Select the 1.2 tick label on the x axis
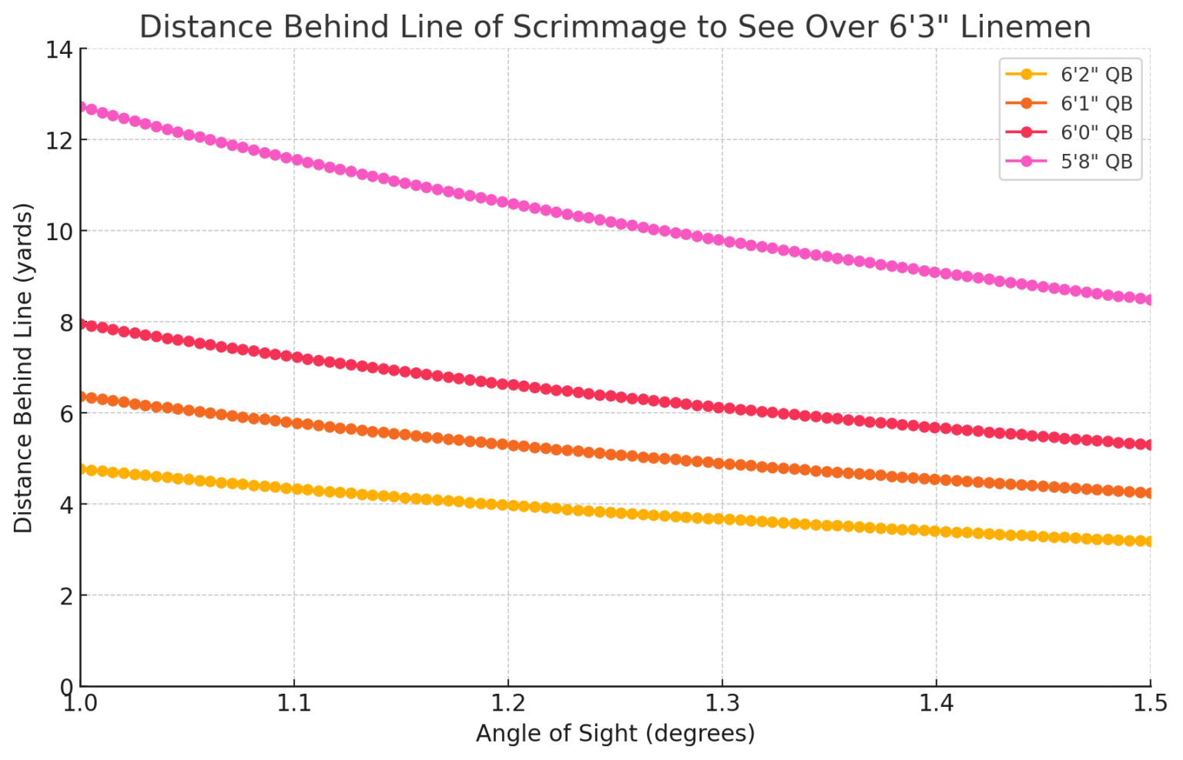[x=508, y=703]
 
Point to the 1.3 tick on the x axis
[x=722, y=703]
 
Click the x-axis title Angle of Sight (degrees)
[x=615, y=733]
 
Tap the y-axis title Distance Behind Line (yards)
[x=23, y=368]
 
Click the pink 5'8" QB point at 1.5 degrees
[x=1150, y=300]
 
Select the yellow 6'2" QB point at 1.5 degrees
[x=1150, y=541]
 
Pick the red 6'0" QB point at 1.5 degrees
[x=1150, y=444]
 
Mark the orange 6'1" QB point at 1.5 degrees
[x=1150, y=493]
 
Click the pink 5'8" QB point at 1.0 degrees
[x=81, y=107]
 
